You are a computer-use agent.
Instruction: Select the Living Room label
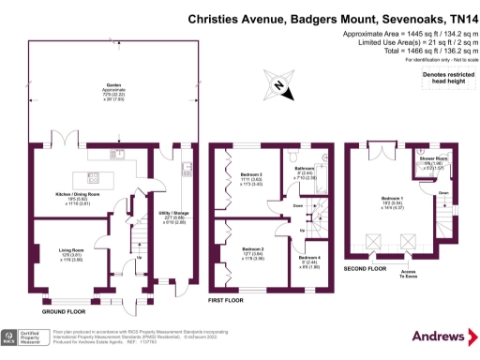point(59,251)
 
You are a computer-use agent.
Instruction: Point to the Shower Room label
point(434,161)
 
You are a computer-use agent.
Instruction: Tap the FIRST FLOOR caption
point(225,300)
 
